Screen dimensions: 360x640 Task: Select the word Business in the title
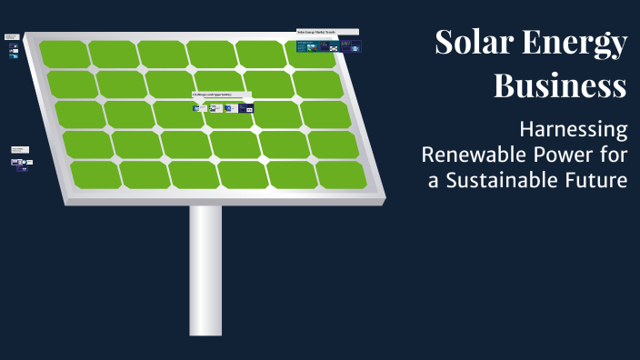pos(560,86)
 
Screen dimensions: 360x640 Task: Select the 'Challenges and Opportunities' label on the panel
pos(221,94)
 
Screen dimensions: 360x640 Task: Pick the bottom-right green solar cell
pos(341,175)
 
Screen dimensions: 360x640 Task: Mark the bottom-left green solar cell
pos(95,175)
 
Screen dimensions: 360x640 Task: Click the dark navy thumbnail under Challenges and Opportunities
pos(245,108)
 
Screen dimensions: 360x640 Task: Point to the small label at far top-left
pos(12,36)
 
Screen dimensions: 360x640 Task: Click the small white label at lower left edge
pos(20,148)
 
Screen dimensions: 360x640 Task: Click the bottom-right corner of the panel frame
pos(384,195)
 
